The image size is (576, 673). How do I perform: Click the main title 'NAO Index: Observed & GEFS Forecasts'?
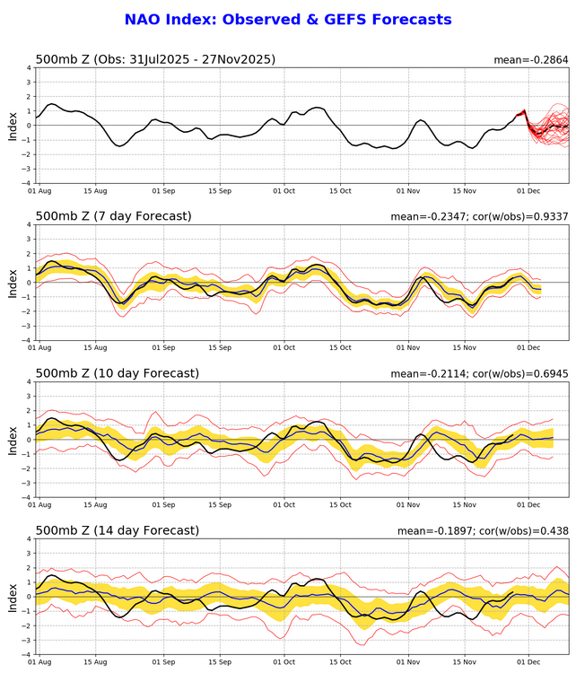[x=288, y=19]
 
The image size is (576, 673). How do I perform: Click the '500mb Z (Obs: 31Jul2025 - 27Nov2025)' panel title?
[x=155, y=59]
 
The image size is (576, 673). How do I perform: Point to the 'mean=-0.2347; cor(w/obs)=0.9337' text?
[x=480, y=217]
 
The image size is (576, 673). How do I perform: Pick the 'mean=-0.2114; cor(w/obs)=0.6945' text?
[x=480, y=374]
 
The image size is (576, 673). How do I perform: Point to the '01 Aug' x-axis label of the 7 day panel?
[x=39, y=348]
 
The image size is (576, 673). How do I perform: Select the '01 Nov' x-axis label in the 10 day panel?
[x=408, y=505]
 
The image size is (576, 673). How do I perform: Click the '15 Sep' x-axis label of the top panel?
[x=220, y=191]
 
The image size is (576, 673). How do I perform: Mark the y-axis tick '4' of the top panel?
[x=28, y=68]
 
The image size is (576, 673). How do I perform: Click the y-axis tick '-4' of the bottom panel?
[x=26, y=653]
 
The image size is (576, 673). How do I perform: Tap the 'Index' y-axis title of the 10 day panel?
[x=13, y=440]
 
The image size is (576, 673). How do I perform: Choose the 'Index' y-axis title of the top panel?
[x=13, y=126]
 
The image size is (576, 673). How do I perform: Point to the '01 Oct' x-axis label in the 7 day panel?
[x=284, y=348]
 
